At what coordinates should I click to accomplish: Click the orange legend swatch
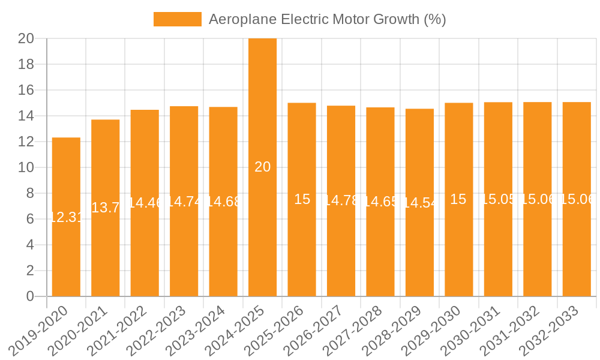pos(177,19)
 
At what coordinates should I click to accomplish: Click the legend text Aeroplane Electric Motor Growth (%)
pos(327,19)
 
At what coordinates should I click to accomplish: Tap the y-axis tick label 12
pos(26,142)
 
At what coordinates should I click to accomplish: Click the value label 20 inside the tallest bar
pos(262,167)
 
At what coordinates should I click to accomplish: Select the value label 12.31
pos(66,217)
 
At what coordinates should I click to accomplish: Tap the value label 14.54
pos(420,203)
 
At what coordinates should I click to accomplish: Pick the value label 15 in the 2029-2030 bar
pos(458,200)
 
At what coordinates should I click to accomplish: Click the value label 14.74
pos(184,202)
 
